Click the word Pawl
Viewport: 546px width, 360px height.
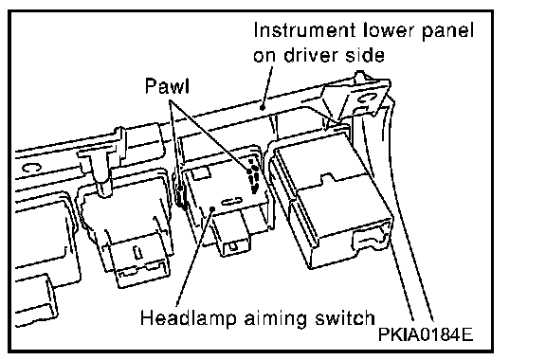pyautogui.click(x=167, y=86)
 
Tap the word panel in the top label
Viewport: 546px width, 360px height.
pyautogui.click(x=447, y=31)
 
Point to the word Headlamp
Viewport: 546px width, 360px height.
pyautogui.click(x=189, y=318)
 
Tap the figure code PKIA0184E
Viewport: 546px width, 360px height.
pyautogui.click(x=426, y=335)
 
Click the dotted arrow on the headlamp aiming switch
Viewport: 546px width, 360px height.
pyautogui.click(x=253, y=177)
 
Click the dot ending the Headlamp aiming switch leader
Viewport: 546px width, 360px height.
pyautogui.click(x=212, y=208)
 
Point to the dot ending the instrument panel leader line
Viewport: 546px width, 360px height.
pyautogui.click(x=263, y=107)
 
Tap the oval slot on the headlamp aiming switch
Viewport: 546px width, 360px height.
pyautogui.click(x=231, y=202)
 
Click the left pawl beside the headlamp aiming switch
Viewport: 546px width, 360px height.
pyautogui.click(x=181, y=198)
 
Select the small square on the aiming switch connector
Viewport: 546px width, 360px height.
pyautogui.click(x=233, y=246)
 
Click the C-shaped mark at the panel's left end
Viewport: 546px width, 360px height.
pyautogui.click(x=31, y=168)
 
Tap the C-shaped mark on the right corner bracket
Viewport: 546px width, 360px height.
pyautogui.click(x=366, y=98)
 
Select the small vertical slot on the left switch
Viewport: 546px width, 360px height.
pyautogui.click(x=138, y=252)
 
